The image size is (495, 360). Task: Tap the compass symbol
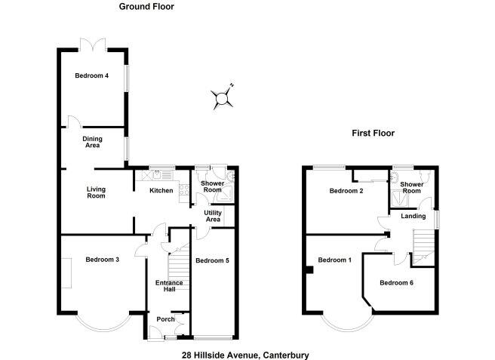click(x=221, y=97)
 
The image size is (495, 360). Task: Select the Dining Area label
click(x=92, y=142)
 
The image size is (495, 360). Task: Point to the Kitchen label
click(x=161, y=191)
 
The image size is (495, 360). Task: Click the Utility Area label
click(x=213, y=217)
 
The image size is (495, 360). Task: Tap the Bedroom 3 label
click(x=102, y=260)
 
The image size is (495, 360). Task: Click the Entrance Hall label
click(x=169, y=286)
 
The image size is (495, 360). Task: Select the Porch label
click(x=165, y=319)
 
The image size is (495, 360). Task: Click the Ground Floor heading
click(x=146, y=7)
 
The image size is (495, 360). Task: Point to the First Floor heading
click(x=373, y=134)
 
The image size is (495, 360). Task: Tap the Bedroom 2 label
click(x=346, y=192)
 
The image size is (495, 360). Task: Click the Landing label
click(x=414, y=217)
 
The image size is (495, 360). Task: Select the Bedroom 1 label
click(x=334, y=260)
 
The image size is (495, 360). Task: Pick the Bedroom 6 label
click(x=396, y=283)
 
